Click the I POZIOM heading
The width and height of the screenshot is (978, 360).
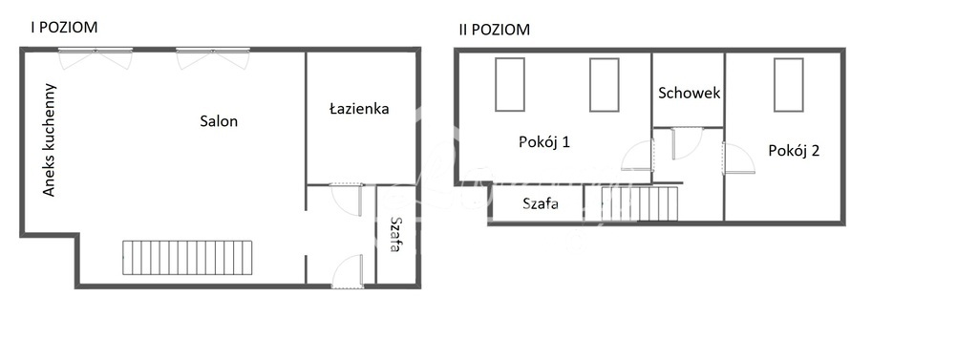pos(65,28)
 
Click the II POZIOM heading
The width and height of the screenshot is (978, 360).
pos(494,30)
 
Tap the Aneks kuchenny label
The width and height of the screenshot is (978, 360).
pos(50,140)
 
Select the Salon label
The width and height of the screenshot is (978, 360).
pos(219,121)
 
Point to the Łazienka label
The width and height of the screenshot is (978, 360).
pos(359,109)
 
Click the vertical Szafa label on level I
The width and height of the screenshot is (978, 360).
pos(394,234)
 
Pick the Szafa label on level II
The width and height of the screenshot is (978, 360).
pos(541,202)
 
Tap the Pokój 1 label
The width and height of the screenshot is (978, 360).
pos(544,142)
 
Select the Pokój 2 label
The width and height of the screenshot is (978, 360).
pos(794,150)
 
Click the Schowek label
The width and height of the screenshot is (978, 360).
pos(689,94)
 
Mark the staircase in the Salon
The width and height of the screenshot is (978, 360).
pos(187,257)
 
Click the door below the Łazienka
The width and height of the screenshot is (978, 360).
pos(347,199)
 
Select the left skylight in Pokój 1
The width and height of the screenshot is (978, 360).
pos(509,84)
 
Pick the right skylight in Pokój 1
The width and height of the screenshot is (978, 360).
pos(604,84)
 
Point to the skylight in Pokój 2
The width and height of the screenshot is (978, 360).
pos(788,84)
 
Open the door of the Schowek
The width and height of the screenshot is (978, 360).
pos(686,143)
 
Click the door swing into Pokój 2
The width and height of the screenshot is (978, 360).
pos(738,158)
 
